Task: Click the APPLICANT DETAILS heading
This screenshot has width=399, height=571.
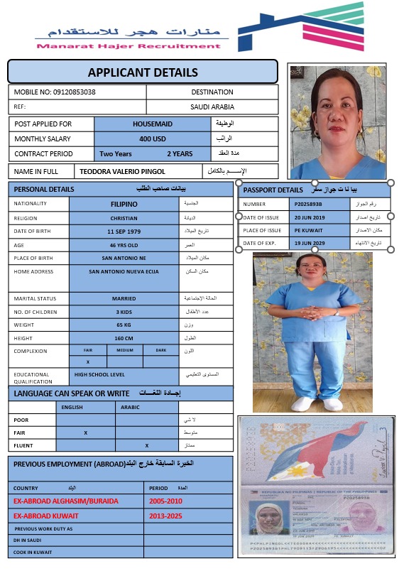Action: (x=142, y=72)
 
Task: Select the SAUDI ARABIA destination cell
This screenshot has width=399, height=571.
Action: (x=212, y=107)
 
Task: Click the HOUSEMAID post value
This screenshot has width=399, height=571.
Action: (x=153, y=124)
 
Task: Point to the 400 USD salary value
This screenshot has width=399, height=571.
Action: (x=152, y=138)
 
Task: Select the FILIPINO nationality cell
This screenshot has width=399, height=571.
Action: (x=124, y=204)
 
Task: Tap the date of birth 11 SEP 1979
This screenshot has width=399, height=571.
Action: (x=124, y=232)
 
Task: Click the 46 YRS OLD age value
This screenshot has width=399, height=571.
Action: (x=124, y=245)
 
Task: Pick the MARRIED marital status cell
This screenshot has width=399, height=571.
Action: (x=124, y=299)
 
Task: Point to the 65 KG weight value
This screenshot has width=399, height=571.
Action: (x=124, y=325)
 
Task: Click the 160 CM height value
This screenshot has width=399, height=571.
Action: (x=124, y=338)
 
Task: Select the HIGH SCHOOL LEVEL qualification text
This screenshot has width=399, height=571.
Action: (x=99, y=374)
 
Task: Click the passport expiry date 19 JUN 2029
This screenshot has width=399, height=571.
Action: (x=309, y=243)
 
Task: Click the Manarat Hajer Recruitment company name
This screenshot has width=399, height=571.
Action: (x=128, y=46)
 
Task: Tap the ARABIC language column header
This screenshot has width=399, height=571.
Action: (x=130, y=408)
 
